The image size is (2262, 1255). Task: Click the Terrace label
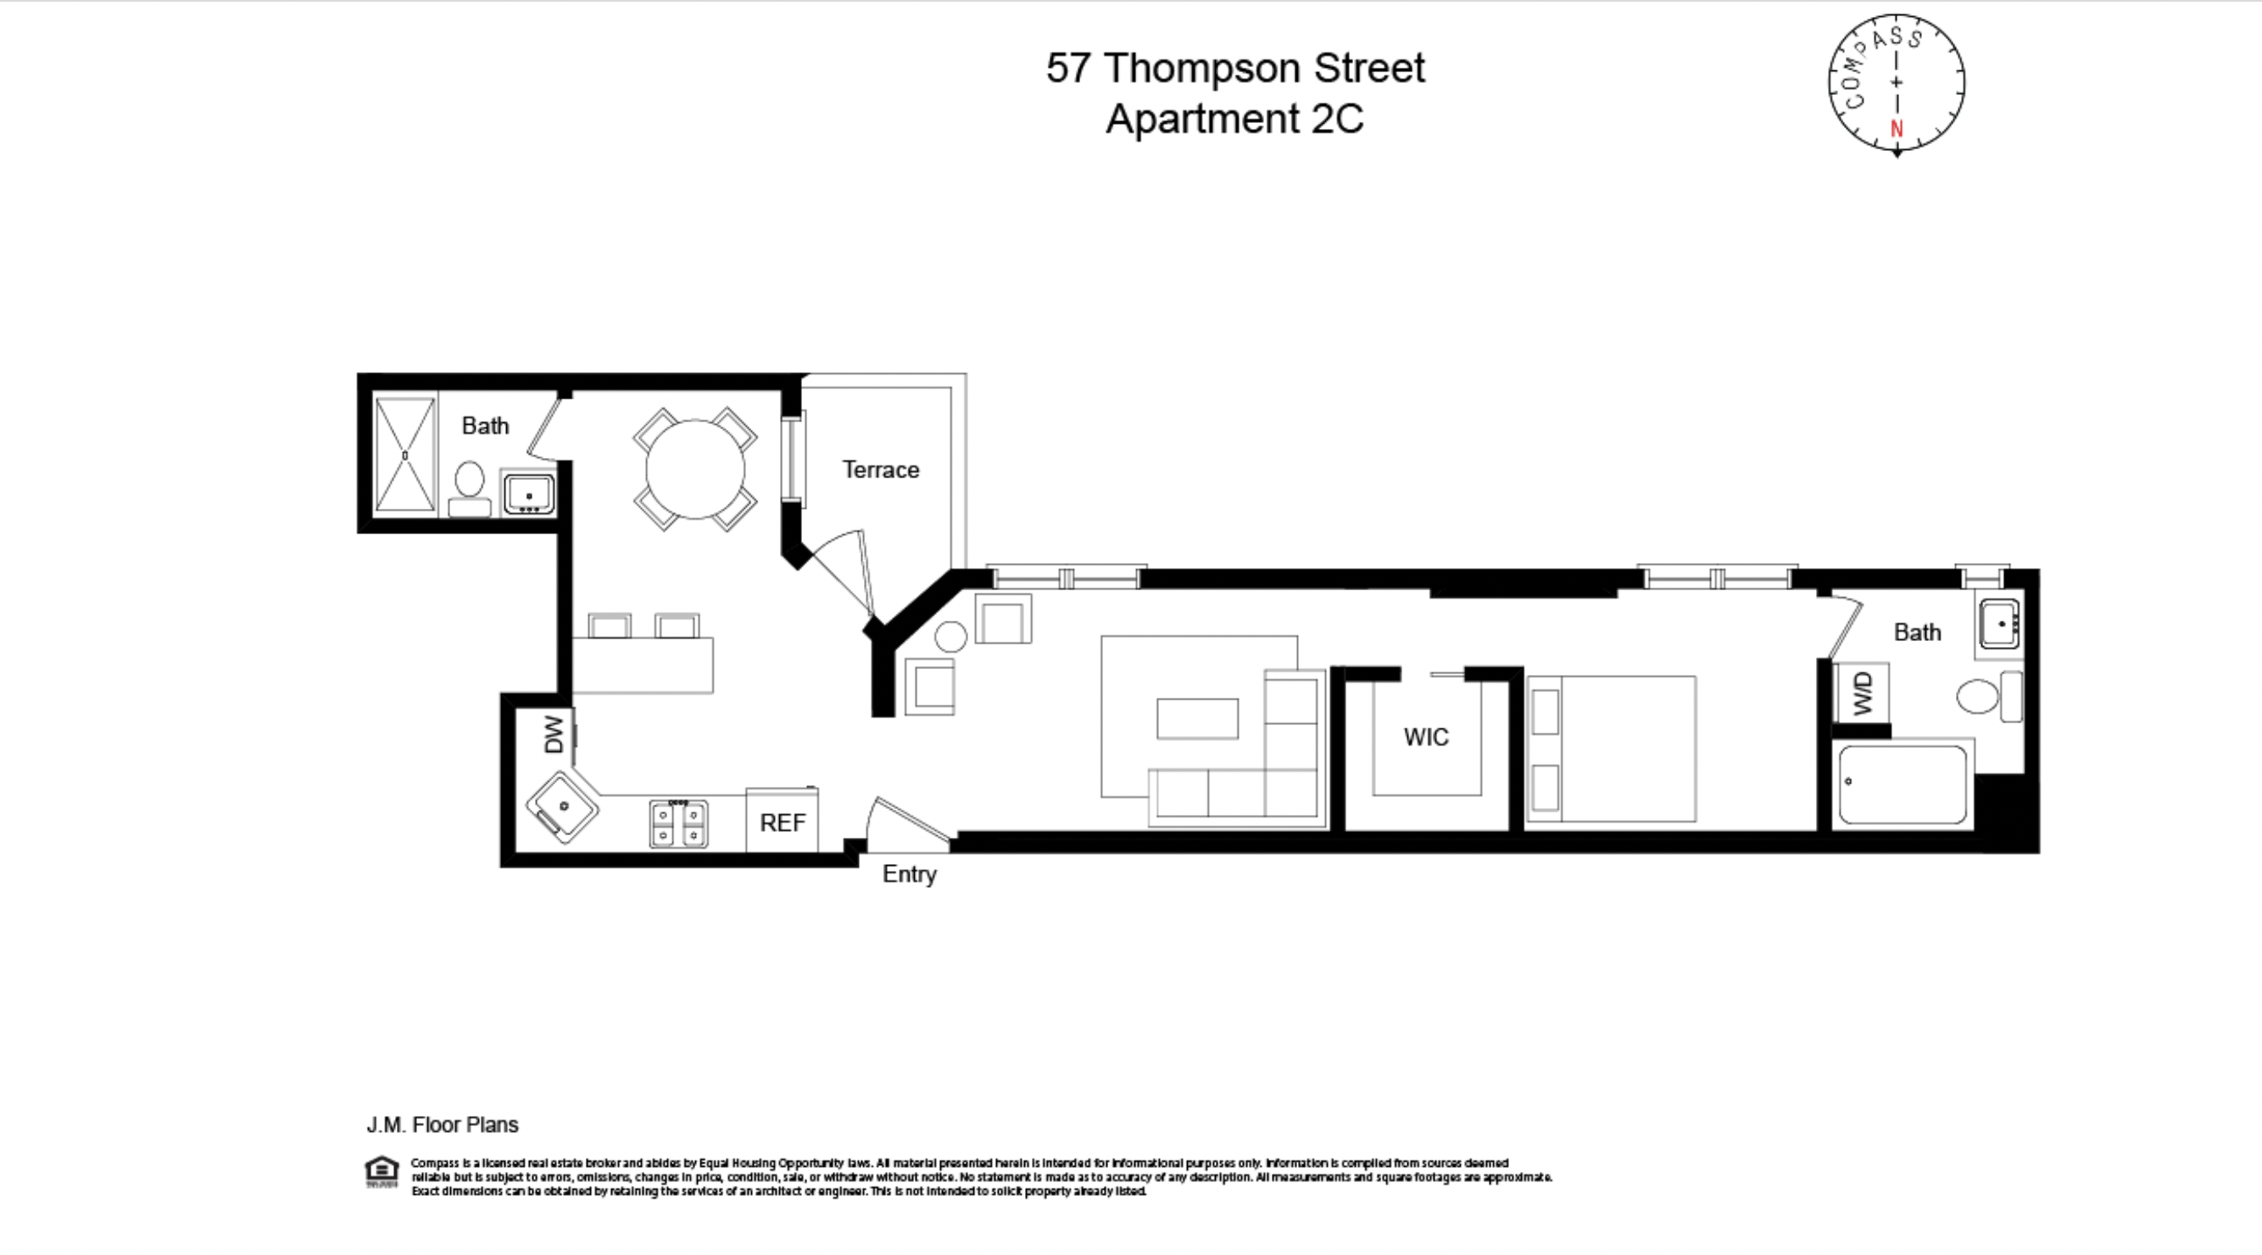tap(880, 470)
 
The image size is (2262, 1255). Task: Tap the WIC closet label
tap(1425, 737)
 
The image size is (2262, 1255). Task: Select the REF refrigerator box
tap(782, 822)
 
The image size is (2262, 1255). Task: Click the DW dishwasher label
tap(553, 734)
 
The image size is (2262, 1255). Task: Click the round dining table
tap(694, 469)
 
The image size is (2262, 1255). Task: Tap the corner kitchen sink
tap(562, 806)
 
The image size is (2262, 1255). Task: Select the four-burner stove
tap(678, 823)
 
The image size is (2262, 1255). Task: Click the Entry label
tap(909, 874)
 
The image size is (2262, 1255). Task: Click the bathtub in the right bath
tap(1902, 784)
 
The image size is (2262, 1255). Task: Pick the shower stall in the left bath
tap(404, 455)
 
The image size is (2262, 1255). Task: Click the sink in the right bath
tap(2000, 623)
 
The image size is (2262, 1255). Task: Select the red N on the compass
tap(1897, 128)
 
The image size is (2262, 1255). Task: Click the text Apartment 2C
tap(1234, 119)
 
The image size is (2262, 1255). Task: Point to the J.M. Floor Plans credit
tap(442, 1124)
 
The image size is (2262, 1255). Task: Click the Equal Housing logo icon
tap(382, 1172)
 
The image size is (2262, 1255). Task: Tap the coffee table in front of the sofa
tap(1197, 718)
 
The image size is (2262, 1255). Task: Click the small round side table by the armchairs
tap(950, 636)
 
